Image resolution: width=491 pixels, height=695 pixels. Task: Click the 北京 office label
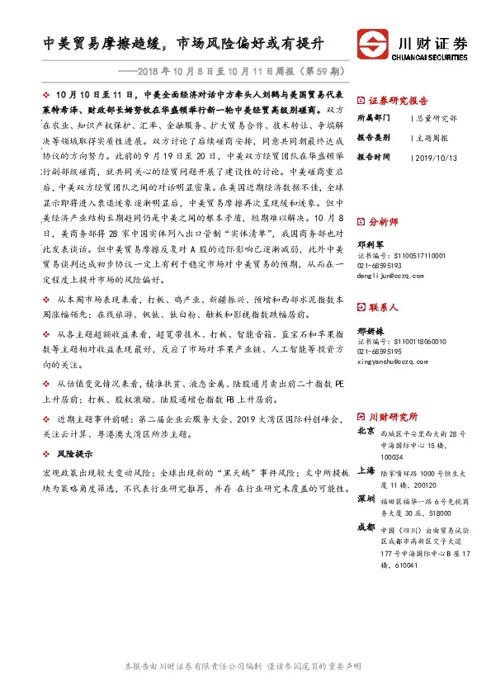click(x=366, y=431)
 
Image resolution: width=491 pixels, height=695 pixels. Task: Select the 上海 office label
click(x=366, y=470)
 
